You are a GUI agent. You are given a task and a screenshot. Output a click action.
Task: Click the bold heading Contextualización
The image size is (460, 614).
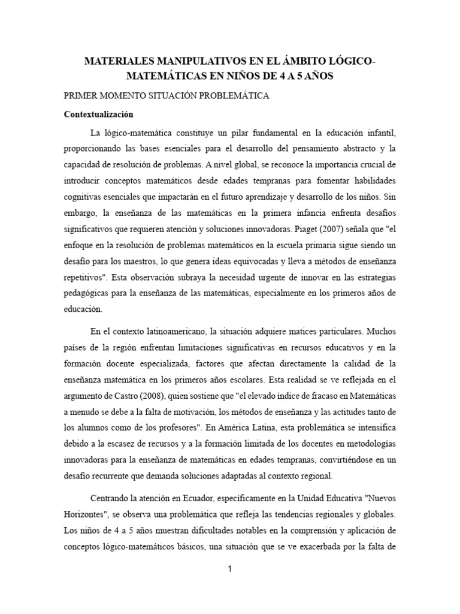point(98,114)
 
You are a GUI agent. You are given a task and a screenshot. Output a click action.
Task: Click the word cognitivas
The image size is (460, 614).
point(83,197)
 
